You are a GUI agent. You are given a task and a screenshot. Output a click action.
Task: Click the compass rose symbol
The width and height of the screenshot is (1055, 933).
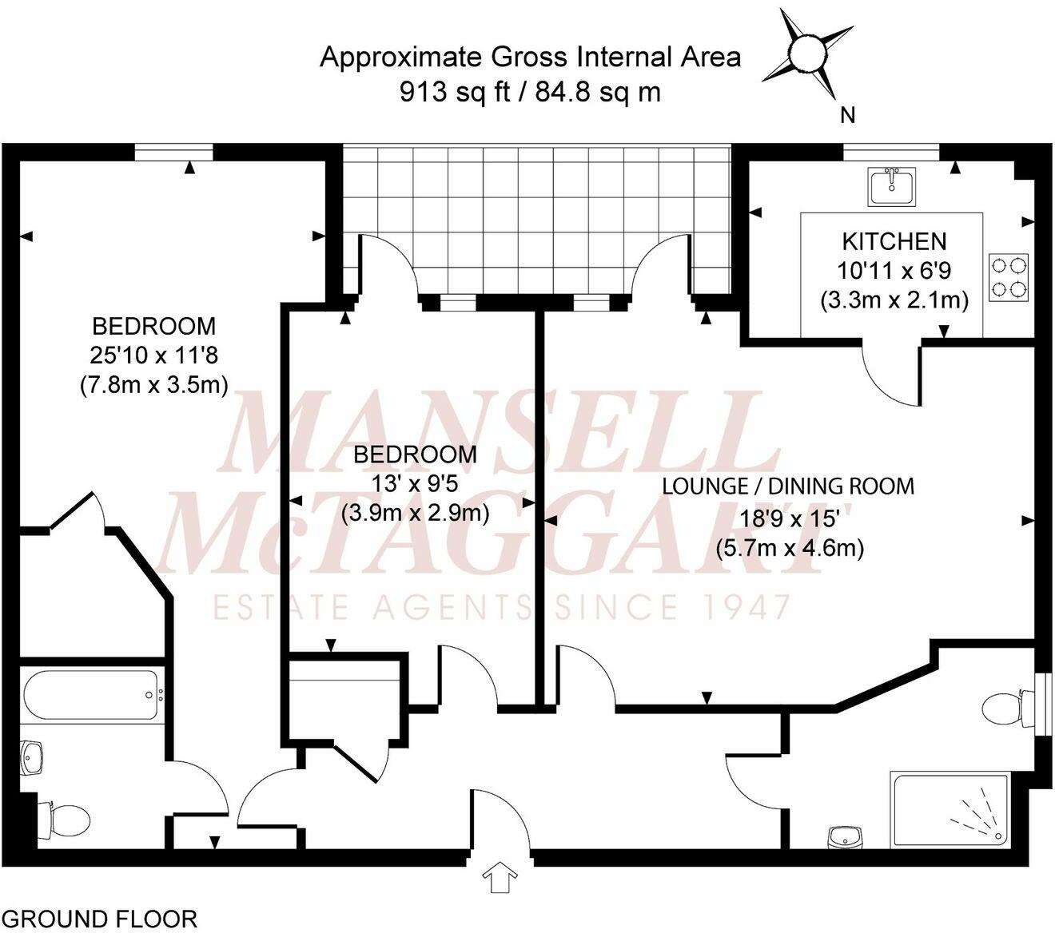[x=806, y=54]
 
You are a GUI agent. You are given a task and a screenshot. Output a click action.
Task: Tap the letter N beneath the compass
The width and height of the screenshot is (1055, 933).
[x=847, y=116]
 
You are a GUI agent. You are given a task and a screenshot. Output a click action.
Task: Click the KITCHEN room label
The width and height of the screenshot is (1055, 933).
[x=894, y=240]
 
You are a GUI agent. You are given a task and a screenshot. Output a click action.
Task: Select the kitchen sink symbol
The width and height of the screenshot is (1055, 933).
[x=894, y=186]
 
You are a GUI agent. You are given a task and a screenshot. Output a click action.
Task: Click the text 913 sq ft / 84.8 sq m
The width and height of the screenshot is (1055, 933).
[x=530, y=93]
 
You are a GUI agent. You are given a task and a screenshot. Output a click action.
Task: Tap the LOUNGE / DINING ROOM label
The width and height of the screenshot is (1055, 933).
[x=788, y=486]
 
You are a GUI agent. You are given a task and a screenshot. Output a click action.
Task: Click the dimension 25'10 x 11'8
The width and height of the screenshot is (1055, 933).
[x=153, y=355]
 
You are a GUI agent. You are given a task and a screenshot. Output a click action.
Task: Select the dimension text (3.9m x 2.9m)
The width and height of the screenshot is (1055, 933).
[x=415, y=512]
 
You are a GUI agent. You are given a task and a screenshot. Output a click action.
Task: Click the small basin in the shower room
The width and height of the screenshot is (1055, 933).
[x=845, y=836]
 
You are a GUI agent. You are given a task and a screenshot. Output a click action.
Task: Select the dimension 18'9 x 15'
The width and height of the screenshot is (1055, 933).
[x=788, y=518]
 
